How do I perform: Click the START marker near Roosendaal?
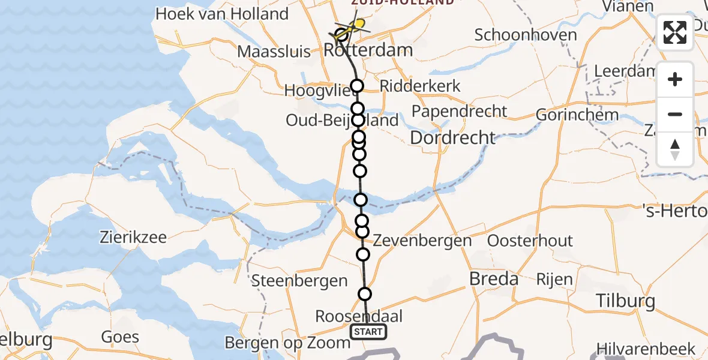point(368,332)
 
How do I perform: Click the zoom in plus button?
point(675,79)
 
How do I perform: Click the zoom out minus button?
point(675,114)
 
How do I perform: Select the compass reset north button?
point(675,148)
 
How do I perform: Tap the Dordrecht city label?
point(452,137)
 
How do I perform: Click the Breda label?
point(494,278)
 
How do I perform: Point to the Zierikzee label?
point(133,236)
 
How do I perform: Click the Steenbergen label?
point(300,280)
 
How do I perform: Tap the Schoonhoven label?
point(526,34)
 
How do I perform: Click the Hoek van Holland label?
point(221,13)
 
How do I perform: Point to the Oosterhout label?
point(530,241)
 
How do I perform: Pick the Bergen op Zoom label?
point(287,343)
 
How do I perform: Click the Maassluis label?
point(274,51)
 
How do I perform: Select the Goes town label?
point(120,337)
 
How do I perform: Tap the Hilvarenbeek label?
point(646,348)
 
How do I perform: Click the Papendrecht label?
point(460,111)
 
